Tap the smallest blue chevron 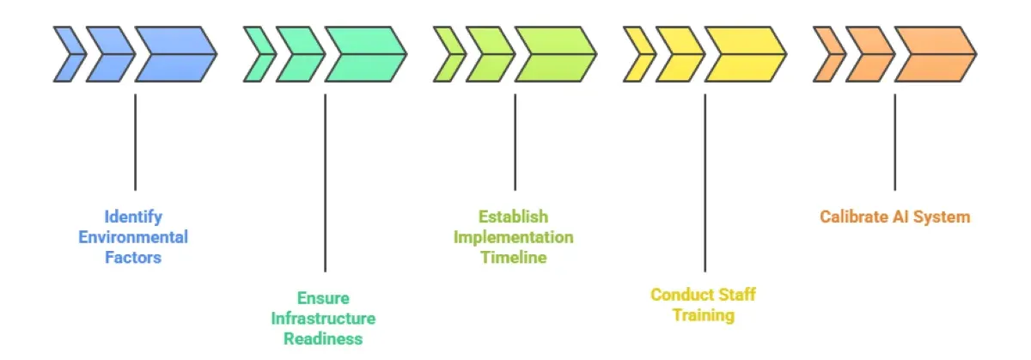[67, 54]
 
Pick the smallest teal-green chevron [257, 54]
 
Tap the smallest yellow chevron [637, 54]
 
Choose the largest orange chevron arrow [933, 54]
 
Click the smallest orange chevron [827, 54]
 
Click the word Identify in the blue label [133, 216]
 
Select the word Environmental [133, 236]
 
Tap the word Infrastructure [323, 318]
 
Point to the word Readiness [323, 339]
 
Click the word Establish [513, 216]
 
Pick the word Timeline [513, 257]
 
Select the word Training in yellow [703, 314]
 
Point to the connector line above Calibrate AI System [894, 142]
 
